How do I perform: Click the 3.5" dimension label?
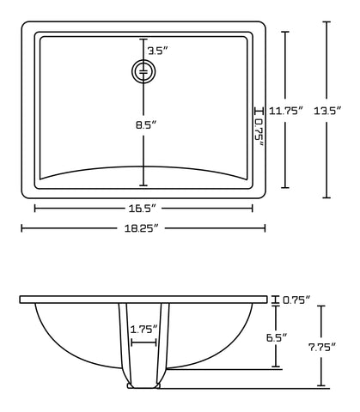(x=156, y=51)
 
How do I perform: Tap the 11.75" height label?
(x=286, y=112)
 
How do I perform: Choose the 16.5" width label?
(x=143, y=208)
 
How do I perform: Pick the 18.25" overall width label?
(x=143, y=228)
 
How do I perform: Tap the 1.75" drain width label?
(x=143, y=329)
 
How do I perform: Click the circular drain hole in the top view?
(x=143, y=72)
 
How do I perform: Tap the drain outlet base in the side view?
(x=143, y=386)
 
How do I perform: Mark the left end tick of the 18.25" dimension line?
(x=21, y=228)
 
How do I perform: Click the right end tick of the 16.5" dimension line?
(x=253, y=208)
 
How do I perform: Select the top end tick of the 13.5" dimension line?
(x=327, y=21)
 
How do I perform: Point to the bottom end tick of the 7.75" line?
(x=321, y=387)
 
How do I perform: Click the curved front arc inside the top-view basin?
(x=143, y=167)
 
